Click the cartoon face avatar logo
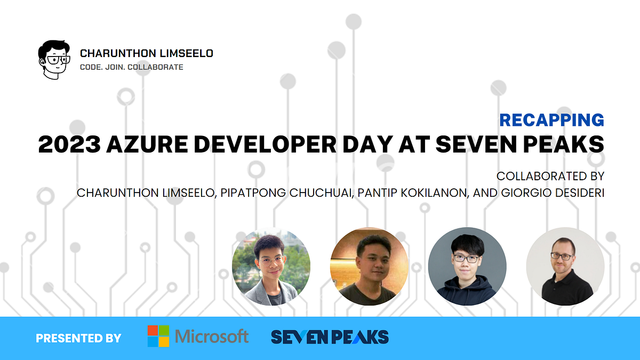53,60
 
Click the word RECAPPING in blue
551,120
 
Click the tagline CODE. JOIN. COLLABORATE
131,67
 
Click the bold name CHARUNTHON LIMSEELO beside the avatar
147,53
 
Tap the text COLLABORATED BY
550,176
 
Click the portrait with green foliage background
271,267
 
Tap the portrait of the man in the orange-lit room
369,267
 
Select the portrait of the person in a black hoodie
467,267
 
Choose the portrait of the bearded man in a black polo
565,267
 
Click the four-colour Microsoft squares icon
158,336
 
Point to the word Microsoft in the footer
212,337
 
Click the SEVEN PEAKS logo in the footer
330,337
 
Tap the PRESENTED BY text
78,338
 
